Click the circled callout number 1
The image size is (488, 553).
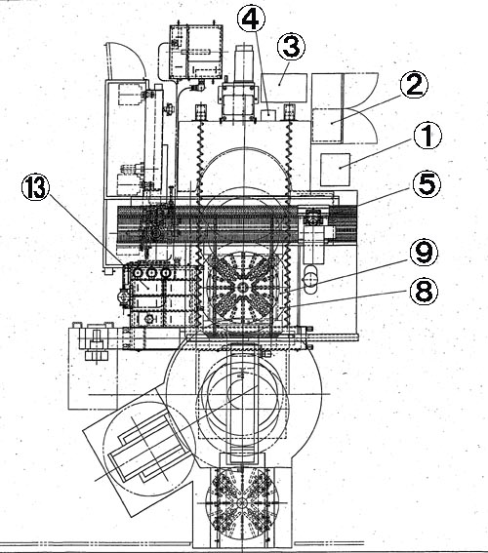[x=427, y=137]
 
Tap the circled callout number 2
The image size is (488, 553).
[x=414, y=85]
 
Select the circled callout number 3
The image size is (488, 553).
[x=291, y=47]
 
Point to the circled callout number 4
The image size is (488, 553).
[x=251, y=20]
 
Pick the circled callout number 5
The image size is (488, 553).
[x=427, y=184]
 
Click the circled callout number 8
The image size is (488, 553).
[x=424, y=292]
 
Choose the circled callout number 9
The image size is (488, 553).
[x=424, y=253]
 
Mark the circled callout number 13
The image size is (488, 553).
[x=34, y=188]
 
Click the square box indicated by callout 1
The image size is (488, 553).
[x=335, y=170]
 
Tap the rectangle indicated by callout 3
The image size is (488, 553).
[x=284, y=88]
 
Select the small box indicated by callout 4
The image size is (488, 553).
[x=267, y=114]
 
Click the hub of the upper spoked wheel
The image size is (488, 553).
[x=242, y=288]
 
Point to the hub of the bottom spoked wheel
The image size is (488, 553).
[x=242, y=503]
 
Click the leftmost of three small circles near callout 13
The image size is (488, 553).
[x=137, y=273]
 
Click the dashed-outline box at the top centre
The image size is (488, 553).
[x=196, y=52]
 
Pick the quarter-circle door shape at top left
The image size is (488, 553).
[x=124, y=60]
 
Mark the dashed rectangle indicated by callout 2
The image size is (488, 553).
[x=328, y=125]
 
